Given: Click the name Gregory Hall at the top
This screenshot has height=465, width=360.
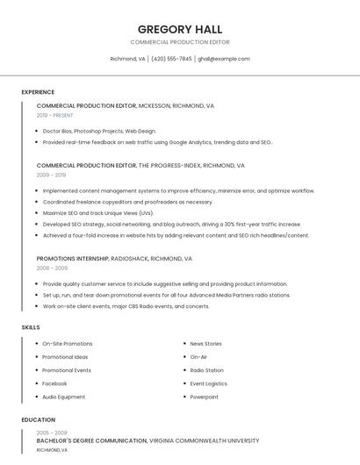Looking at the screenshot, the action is tap(180, 29).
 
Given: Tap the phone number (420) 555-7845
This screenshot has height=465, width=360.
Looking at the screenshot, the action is tap(171, 59).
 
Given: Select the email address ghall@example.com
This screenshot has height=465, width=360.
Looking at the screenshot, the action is tap(224, 59).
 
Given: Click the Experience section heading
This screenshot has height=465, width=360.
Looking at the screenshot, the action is tap(38, 92).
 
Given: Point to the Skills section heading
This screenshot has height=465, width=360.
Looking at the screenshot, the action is tap(31, 327).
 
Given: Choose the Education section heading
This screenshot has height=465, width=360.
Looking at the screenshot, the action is tap(39, 420).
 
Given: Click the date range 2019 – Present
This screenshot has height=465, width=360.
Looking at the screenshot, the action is tap(55, 115).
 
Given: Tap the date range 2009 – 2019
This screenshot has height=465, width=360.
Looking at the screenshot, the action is tap(51, 175).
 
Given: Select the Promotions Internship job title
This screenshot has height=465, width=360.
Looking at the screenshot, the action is tap(73, 259).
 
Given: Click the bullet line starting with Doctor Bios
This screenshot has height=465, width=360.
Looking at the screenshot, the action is tap(99, 131).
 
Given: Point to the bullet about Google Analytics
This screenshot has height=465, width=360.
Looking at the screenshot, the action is tap(157, 142).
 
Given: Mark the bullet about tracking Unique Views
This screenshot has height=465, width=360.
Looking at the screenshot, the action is tap(97, 213).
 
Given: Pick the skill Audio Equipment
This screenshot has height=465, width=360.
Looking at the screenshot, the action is tap(64, 397).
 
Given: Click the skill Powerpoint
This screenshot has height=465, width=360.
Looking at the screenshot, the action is tap(205, 397).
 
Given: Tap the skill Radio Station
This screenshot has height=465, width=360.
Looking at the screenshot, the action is tap(207, 370).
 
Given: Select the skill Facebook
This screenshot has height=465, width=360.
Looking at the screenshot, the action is tap(54, 383).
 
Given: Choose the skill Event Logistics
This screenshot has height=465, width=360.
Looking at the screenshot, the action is tap(209, 383).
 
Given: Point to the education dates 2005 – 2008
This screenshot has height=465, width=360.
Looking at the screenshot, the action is tap(52, 433).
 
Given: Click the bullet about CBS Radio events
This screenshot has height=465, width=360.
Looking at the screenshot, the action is tap(126, 306).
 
